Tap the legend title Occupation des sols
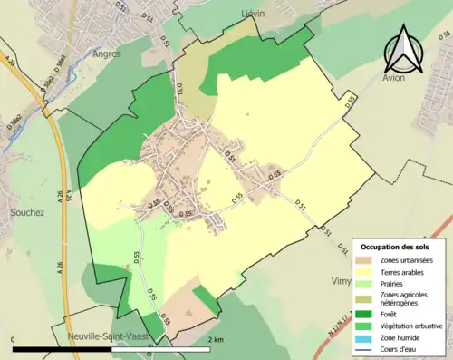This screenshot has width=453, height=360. pos(396,247)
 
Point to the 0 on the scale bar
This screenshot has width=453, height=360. pos(14,340)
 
